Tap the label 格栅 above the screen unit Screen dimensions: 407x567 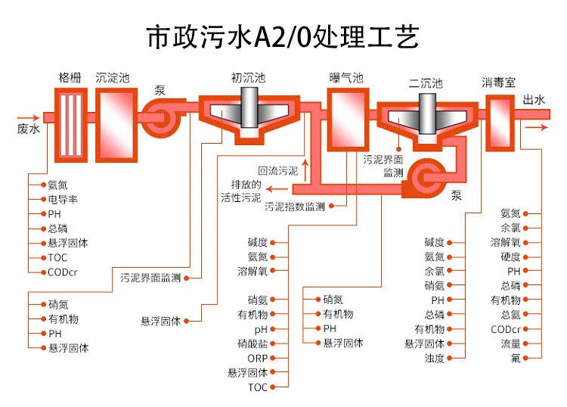(x=70, y=78)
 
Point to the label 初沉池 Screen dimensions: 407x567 (x=248, y=78)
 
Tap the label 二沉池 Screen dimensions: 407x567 (x=426, y=83)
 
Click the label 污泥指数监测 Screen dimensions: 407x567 (x=295, y=207)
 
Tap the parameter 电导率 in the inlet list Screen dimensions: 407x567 (x=63, y=200)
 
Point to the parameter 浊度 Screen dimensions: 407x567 (x=434, y=358)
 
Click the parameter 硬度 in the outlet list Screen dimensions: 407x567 (x=510, y=257)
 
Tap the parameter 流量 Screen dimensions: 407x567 (x=510, y=343)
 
